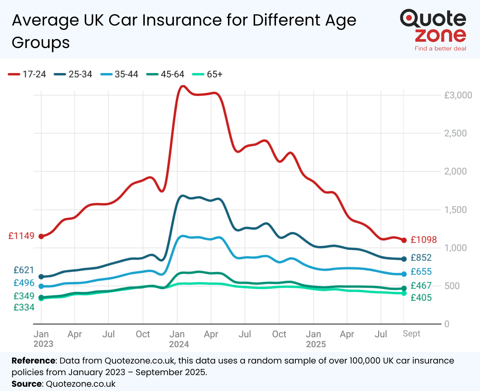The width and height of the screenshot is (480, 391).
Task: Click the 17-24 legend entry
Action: [27, 74]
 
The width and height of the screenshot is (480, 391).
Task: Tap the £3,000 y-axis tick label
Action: [458, 95]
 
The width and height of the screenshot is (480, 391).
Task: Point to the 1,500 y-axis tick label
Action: [455, 210]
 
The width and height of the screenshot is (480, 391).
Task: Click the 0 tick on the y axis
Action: [447, 324]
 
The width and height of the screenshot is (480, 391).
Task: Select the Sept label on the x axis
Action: [411, 334]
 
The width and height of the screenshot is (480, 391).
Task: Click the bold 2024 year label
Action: [179, 344]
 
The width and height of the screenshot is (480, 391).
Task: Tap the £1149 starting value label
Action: [21, 236]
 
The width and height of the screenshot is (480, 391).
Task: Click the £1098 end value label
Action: [423, 240]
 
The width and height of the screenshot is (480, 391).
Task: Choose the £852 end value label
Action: [421, 258]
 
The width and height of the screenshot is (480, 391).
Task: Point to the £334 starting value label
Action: [24, 307]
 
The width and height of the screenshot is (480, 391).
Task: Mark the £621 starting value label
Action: [24, 270]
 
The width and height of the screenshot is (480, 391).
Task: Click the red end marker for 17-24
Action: [404, 240]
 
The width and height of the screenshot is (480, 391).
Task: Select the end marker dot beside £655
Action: [404, 274]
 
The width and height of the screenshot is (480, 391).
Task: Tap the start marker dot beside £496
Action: [41, 286]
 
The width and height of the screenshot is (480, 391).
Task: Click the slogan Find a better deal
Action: [440, 49]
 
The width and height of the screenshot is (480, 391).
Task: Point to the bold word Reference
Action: [34, 361]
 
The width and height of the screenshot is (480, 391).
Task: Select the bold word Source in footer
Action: [26, 384]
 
